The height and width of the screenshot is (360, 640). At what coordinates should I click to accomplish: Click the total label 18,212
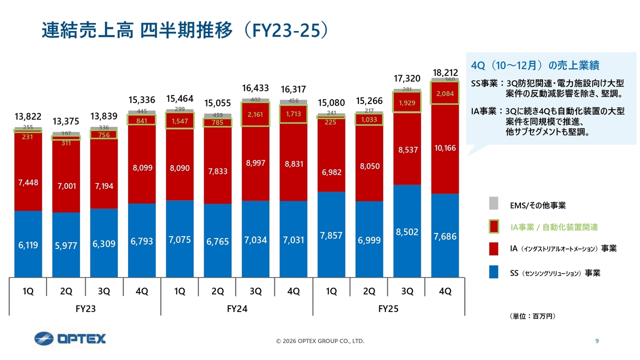coord(445,72)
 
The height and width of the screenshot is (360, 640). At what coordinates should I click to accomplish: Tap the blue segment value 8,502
coord(407,232)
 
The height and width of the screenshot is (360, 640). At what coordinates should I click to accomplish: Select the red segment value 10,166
coord(445,148)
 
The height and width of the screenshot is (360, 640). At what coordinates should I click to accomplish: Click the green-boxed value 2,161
coord(255,114)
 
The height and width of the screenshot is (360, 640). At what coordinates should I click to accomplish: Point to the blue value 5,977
coord(65,245)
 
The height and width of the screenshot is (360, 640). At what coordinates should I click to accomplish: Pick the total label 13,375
coord(65,122)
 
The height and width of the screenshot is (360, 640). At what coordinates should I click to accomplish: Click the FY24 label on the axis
coord(237,309)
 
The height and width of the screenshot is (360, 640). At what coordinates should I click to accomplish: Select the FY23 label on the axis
coord(85,309)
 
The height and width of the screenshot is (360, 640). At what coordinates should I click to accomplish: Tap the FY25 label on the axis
coord(388,309)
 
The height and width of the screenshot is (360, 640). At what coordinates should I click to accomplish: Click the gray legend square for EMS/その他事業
coord(493,203)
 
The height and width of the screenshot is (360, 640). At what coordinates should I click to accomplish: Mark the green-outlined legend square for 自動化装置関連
coord(493,226)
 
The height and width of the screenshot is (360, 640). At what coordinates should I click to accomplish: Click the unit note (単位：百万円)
coord(532,316)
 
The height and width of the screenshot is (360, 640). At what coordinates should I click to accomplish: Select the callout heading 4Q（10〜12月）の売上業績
coord(535,65)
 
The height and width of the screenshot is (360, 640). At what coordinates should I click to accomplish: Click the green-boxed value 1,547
coord(179,121)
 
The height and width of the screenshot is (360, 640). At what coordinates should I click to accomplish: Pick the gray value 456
coord(293,101)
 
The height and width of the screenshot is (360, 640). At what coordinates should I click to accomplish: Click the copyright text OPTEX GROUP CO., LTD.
coord(320,341)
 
